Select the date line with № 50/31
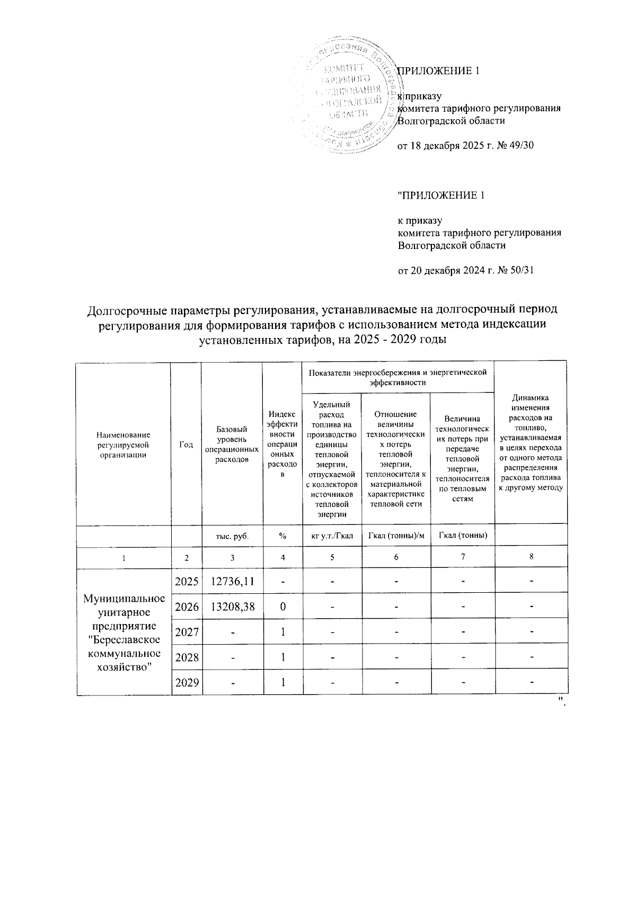pyautogui.click(x=465, y=270)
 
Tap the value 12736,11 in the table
pyautogui.click(x=232, y=581)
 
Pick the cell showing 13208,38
pyautogui.click(x=232, y=606)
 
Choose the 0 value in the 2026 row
pyautogui.click(x=283, y=606)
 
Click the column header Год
pyautogui.click(x=185, y=444)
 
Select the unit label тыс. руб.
pyautogui.click(x=232, y=535)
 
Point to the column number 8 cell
pyautogui.click(x=531, y=557)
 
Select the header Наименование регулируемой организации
pyautogui.click(x=123, y=444)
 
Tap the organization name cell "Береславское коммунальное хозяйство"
pyautogui.click(x=123, y=632)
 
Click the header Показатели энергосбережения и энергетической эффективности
pyautogui.click(x=397, y=377)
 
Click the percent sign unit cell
pyautogui.click(x=283, y=535)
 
